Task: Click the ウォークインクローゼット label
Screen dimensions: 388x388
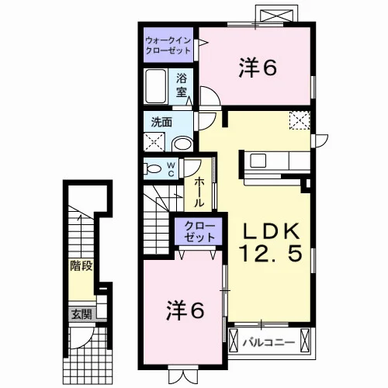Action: click(168, 45)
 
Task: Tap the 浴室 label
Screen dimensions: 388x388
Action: click(182, 85)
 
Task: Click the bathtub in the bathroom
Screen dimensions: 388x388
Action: click(155, 86)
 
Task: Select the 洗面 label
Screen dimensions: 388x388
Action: click(161, 122)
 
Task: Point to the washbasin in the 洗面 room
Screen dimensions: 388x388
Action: click(182, 144)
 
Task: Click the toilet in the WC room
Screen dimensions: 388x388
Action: click(152, 168)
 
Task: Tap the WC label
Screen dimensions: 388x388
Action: click(171, 169)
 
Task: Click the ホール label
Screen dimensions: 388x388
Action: click(199, 192)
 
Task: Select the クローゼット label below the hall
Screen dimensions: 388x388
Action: click(199, 231)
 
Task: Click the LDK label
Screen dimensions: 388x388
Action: click(271, 231)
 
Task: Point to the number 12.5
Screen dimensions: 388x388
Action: click(271, 253)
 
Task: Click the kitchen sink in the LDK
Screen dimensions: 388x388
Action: click(258, 160)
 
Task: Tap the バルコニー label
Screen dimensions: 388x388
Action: click(268, 343)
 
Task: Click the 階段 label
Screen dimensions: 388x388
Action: click(81, 266)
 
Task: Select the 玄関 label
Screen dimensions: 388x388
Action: click(81, 314)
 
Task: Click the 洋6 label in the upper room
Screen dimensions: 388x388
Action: click(258, 68)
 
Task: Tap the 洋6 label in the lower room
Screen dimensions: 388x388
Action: click(185, 310)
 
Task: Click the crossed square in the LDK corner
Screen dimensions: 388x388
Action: click(300, 120)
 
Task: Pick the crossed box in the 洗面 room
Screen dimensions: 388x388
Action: click(154, 142)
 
